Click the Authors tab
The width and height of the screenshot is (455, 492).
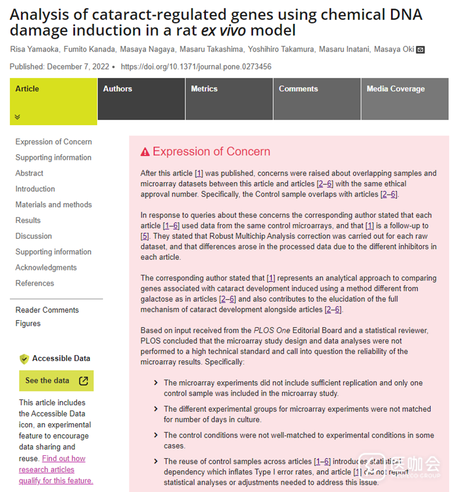point(118,89)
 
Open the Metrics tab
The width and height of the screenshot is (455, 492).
point(204,89)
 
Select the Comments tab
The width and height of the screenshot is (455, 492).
point(298,89)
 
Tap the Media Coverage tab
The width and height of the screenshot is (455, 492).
point(396,89)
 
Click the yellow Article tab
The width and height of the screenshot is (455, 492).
point(27,89)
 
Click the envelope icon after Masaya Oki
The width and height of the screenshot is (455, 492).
point(420,50)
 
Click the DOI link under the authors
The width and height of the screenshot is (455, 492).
point(196,67)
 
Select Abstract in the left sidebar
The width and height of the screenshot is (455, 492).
point(29,173)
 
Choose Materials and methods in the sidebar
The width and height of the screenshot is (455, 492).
point(54,205)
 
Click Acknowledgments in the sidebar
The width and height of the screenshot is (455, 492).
point(46,267)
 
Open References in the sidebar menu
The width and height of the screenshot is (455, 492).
point(35,283)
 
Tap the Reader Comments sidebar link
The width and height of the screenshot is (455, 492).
point(47,310)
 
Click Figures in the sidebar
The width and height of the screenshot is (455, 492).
point(28,323)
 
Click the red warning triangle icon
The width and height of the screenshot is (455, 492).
point(145,152)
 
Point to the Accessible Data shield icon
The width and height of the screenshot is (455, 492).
point(24,359)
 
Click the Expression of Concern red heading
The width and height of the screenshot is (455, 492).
point(211,152)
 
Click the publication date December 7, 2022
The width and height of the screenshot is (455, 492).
point(78,67)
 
